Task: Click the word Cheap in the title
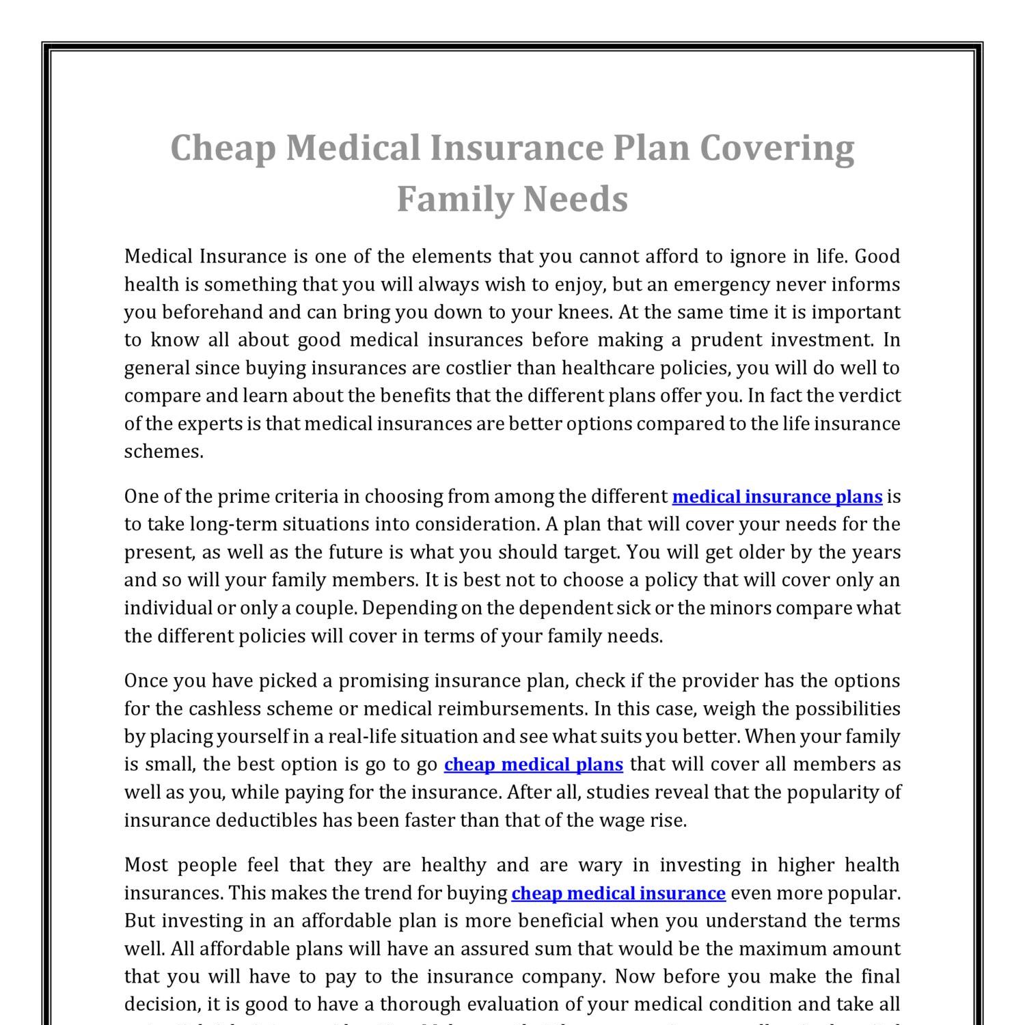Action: (223, 148)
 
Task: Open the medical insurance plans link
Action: (777, 497)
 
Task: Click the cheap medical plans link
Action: (533, 764)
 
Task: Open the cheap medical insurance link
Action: (618, 893)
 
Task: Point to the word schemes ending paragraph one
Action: (163, 452)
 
